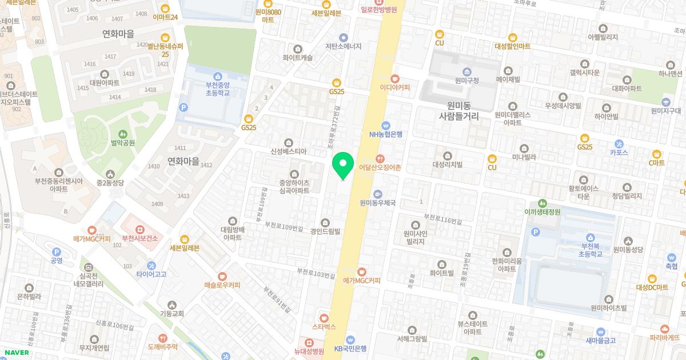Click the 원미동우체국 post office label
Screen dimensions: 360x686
[x=378, y=202]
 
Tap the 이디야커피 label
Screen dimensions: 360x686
[x=394, y=87]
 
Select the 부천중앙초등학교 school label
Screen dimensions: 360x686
[x=217, y=89]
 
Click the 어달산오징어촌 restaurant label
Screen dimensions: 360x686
[x=380, y=167]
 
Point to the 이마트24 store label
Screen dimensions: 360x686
[x=165, y=17]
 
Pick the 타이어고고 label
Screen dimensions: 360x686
[x=151, y=274]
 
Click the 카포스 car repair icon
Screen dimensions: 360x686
[x=619, y=153]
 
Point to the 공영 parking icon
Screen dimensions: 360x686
[x=56, y=261]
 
